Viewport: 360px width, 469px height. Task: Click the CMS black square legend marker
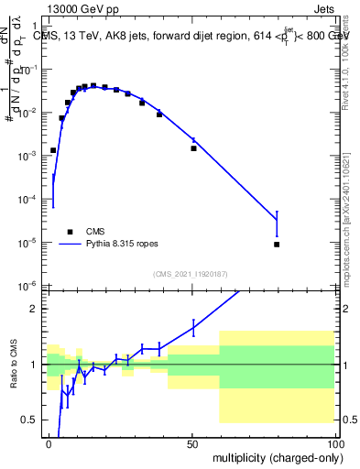(x=70, y=232)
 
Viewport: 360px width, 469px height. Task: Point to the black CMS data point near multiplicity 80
(x=277, y=245)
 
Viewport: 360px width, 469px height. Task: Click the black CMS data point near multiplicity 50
(x=193, y=148)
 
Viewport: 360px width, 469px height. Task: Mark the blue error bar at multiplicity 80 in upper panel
(x=277, y=224)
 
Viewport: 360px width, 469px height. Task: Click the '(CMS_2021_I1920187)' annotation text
(x=191, y=273)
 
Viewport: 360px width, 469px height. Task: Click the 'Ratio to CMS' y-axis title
(x=13, y=365)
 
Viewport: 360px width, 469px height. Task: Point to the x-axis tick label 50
(x=192, y=442)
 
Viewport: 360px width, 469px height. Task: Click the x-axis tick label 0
(x=49, y=442)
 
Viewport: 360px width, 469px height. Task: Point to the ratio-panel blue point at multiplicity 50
(x=193, y=327)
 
